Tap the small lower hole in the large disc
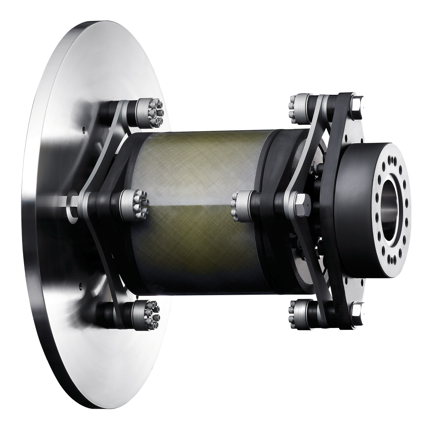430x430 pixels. point(81,285)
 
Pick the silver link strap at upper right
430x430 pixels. point(310,138)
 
